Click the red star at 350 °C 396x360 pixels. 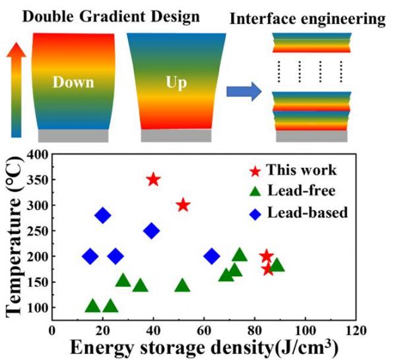(x=153, y=180)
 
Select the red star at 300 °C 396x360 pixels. (x=183, y=205)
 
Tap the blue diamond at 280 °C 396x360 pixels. (x=103, y=215)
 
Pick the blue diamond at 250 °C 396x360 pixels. (x=152, y=231)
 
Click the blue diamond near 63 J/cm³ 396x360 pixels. (x=212, y=256)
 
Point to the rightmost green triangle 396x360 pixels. (x=277, y=265)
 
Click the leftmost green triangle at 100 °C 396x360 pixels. (x=93, y=306)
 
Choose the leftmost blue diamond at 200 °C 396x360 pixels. (x=90, y=256)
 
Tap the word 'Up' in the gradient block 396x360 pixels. (x=176, y=83)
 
